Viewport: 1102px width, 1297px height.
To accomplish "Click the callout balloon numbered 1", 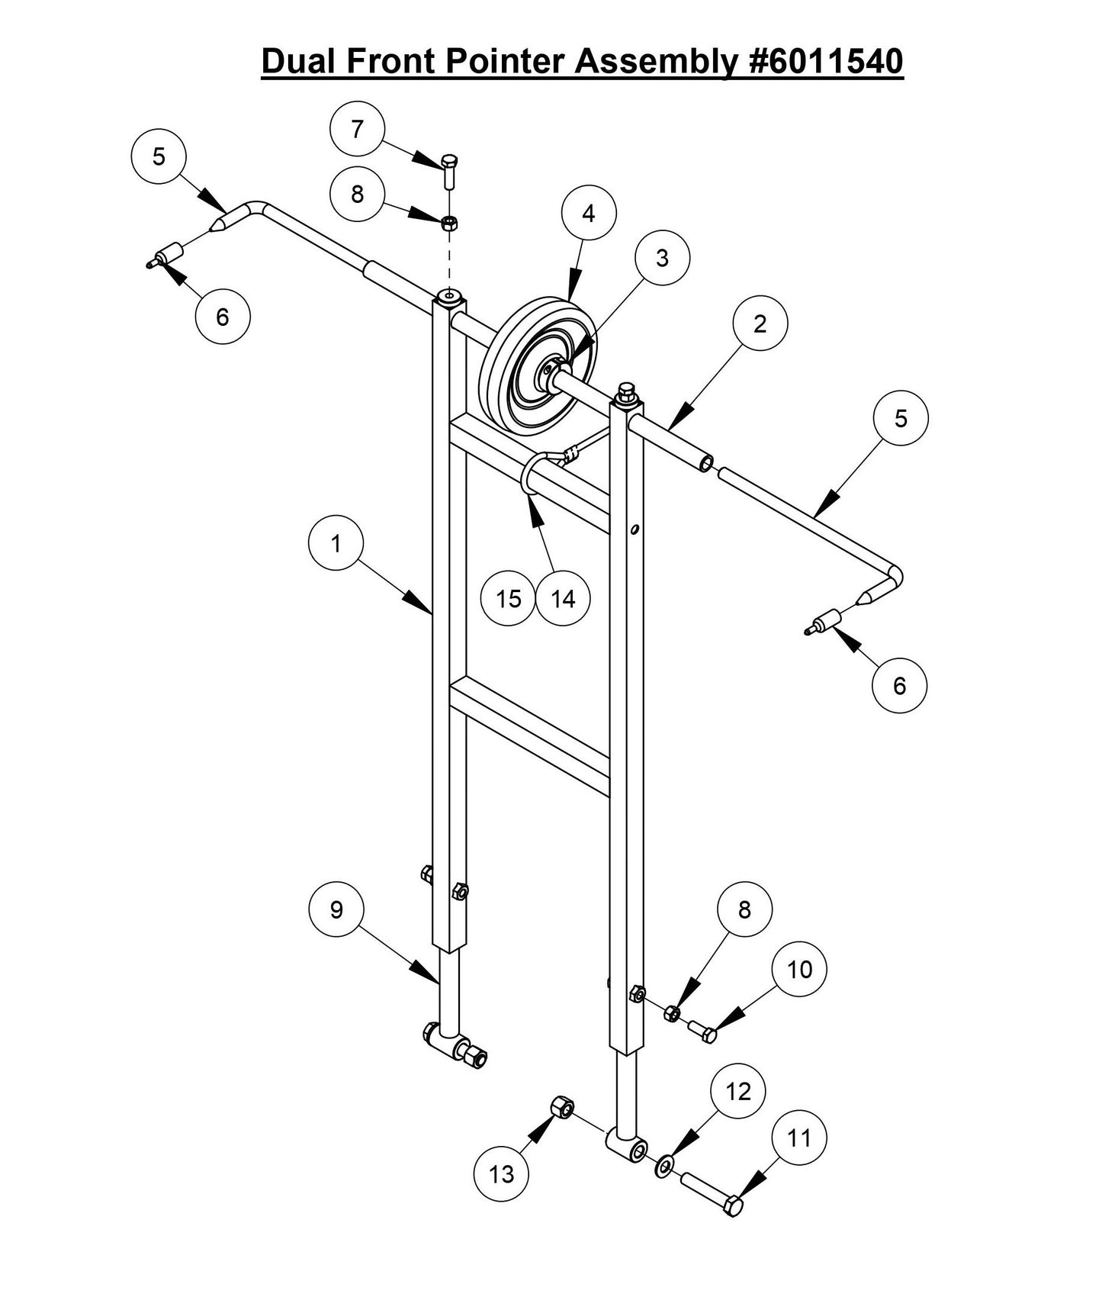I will point(336,544).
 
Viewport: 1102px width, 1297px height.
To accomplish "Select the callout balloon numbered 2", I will point(760,324).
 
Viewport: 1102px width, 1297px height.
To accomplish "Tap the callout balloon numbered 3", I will point(661,259).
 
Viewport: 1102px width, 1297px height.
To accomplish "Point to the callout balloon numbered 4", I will point(588,214).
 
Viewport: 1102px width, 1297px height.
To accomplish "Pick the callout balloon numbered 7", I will point(357,130).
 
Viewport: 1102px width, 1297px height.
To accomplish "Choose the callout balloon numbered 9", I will point(336,909).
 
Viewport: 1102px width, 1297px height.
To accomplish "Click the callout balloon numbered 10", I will point(799,970).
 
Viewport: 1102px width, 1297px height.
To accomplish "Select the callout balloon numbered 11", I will point(798,1138).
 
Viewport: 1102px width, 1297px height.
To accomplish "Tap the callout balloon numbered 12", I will point(737,1092).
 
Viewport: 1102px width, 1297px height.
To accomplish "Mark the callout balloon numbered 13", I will point(501,1174).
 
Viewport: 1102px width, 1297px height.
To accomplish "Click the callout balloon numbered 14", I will point(563,599).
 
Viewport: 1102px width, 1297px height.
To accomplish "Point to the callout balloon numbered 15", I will point(508,599).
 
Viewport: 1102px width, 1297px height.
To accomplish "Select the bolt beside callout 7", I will point(450,169).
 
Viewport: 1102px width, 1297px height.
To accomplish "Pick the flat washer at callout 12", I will point(664,1165).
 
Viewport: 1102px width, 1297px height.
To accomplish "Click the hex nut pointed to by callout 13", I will point(561,1107).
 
